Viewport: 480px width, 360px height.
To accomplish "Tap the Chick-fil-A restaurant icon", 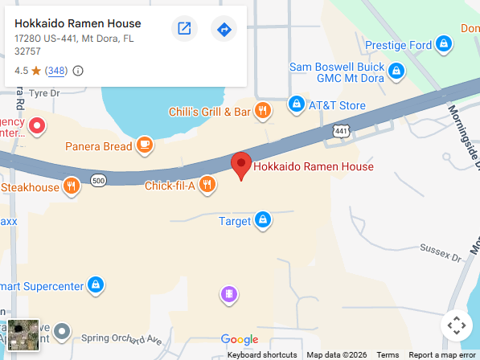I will [207, 186].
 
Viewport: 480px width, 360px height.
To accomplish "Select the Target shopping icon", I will [262, 220].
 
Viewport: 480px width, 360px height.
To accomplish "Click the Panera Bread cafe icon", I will [144, 145].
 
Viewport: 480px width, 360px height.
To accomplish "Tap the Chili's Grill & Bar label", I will [210, 112].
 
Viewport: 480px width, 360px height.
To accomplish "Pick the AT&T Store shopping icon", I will [297, 105].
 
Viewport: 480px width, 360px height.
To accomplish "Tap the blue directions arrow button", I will [224, 29].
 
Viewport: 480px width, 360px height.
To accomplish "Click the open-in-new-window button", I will [184, 29].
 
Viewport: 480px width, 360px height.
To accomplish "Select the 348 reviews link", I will [56, 71].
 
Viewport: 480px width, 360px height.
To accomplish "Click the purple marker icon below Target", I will [229, 294].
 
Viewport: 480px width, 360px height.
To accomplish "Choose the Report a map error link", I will [442, 354].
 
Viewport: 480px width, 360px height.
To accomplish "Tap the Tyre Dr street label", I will [44, 92].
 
